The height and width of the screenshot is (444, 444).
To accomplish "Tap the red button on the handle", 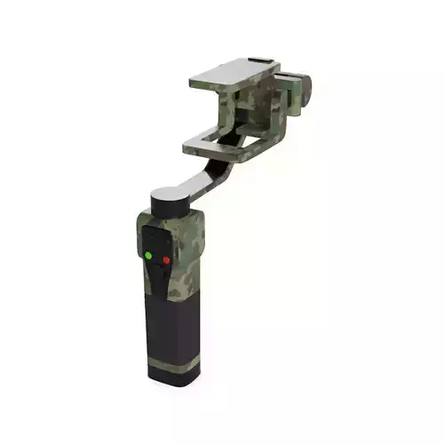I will pyautogui.click(x=165, y=259).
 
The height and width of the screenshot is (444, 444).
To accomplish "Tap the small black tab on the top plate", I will pyautogui.click(x=258, y=61).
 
